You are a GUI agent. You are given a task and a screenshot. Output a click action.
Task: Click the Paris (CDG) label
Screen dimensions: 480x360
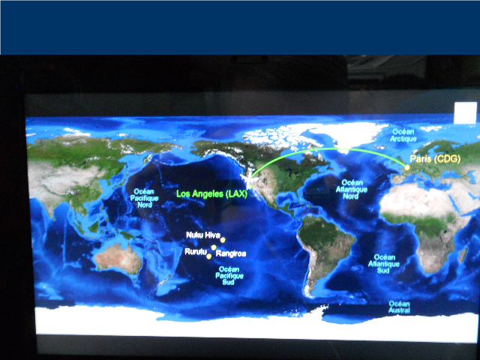tap(435, 159)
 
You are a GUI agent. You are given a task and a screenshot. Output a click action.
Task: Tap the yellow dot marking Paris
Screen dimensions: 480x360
tap(407, 167)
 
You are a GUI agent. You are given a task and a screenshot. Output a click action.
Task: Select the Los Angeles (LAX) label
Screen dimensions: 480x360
tap(211, 193)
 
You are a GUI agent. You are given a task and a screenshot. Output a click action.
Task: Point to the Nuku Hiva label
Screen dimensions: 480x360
tap(203, 235)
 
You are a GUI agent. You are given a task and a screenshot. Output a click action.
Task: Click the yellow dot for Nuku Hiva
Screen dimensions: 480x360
tap(223, 240)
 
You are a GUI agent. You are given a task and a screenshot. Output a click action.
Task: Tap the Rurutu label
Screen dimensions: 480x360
tap(196, 251)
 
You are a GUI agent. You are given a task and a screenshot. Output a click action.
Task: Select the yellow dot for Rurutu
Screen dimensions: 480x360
tap(208, 256)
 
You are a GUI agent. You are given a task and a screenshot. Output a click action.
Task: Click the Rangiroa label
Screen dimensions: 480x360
tap(231, 253)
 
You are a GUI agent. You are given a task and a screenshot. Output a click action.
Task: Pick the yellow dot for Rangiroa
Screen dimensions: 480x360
tap(214, 247)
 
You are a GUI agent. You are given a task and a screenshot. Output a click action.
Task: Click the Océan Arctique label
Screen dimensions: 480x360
tap(403, 135)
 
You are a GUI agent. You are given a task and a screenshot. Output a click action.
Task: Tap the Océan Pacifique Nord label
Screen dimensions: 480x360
tap(145, 198)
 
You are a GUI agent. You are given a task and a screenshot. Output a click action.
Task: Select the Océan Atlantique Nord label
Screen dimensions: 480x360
tap(352, 190)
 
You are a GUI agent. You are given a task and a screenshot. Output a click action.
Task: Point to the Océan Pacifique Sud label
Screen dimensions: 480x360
tap(229, 275)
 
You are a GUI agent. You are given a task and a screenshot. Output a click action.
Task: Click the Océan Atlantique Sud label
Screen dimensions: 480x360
tap(384, 263)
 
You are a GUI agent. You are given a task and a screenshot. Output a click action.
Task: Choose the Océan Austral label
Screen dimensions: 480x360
tap(399, 307)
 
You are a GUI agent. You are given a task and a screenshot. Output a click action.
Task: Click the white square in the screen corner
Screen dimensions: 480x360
tap(465, 113)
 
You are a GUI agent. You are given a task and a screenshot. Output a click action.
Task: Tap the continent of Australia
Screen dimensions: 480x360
tap(118, 259)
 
